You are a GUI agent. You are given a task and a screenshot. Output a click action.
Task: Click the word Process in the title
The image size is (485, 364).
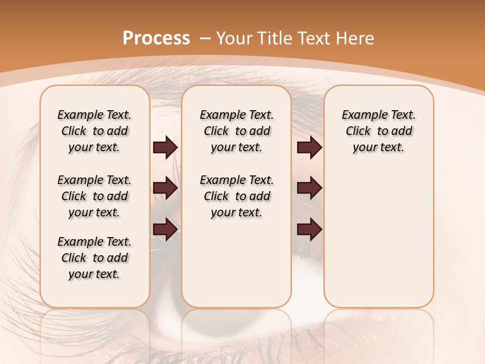pos(156,38)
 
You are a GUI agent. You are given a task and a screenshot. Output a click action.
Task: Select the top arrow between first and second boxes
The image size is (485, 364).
pos(165,147)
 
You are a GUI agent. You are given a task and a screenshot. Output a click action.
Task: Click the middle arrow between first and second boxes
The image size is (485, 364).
pos(165,188)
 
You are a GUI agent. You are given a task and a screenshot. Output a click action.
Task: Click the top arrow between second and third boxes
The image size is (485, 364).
pos(309,147)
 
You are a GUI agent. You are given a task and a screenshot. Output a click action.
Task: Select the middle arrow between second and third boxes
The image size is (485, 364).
pos(309,188)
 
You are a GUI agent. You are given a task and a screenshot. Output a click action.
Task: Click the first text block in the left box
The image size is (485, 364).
pos(94,131)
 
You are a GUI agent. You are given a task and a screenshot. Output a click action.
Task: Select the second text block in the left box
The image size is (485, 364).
pos(94,196)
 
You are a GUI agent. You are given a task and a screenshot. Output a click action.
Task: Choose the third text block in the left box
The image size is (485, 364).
pos(94,258)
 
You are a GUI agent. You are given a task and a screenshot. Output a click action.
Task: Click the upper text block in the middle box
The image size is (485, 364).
pos(236,131)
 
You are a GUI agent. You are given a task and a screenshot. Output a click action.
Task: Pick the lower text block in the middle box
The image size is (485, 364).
pos(236,196)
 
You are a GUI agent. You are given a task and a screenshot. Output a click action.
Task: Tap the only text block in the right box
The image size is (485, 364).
pos(378,131)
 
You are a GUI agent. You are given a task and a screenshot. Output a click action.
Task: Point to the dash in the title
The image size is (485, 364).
pos(205,38)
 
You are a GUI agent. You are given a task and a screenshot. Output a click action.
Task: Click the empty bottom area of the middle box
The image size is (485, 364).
pos(236,268)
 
